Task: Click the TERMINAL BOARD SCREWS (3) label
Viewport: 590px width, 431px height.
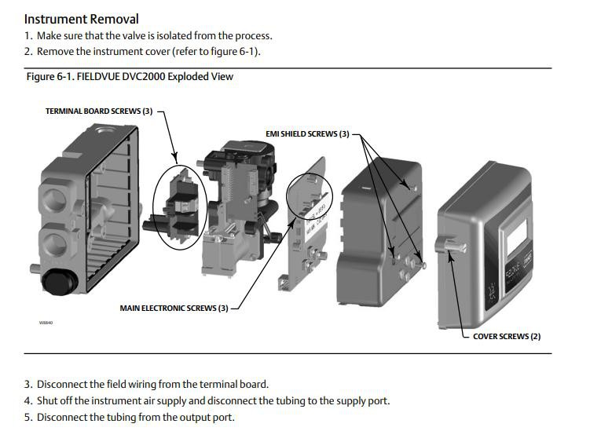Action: pos(99,111)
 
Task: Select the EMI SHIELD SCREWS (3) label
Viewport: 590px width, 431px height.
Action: pos(307,134)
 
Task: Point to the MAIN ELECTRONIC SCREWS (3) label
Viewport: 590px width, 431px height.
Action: pos(174,309)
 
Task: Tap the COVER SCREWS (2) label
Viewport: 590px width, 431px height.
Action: pos(507,336)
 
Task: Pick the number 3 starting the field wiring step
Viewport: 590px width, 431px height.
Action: pos(27,384)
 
